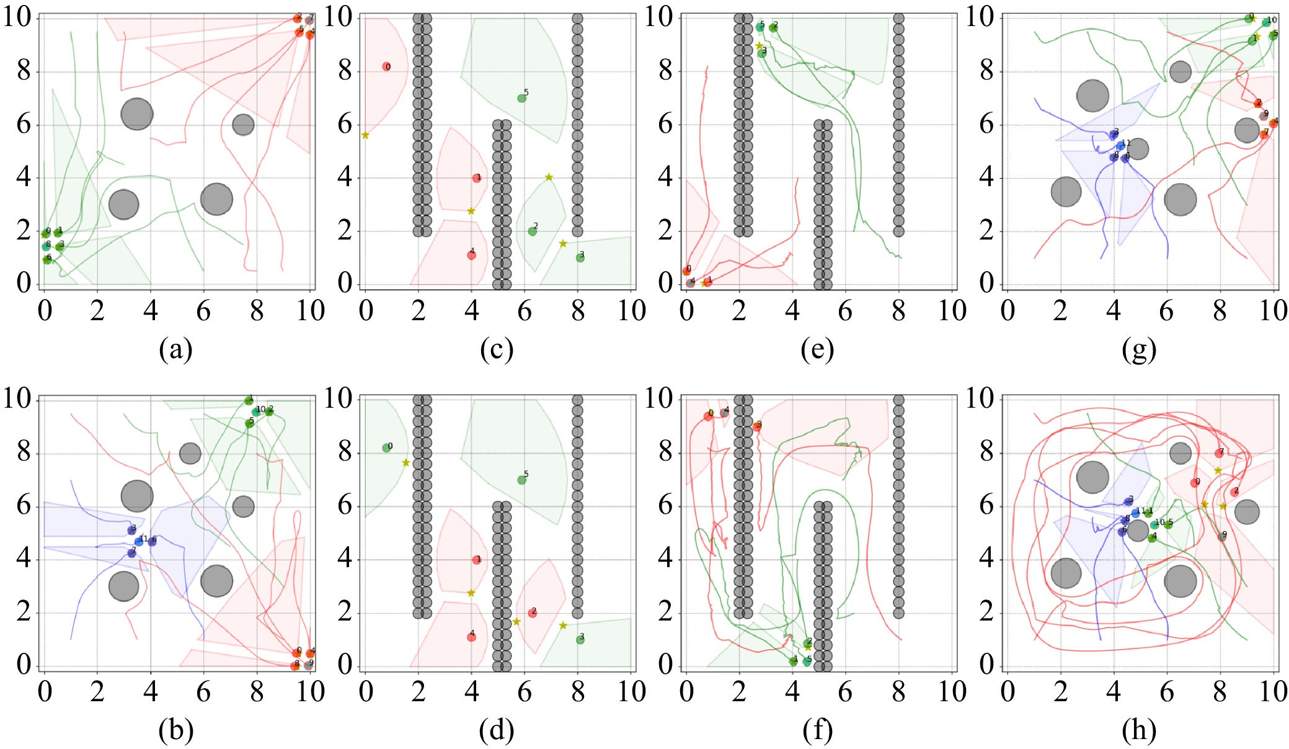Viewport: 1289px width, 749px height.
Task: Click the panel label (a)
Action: [x=175, y=350]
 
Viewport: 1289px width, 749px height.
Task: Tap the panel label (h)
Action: [x=1138, y=731]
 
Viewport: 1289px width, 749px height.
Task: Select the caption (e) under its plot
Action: [x=817, y=350]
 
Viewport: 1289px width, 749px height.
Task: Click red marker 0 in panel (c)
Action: [x=386, y=67]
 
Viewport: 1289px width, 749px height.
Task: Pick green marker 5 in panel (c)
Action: [x=521, y=98]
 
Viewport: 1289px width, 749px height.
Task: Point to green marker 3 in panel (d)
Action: [x=580, y=640]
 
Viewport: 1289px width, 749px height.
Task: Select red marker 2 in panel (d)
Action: [x=532, y=613]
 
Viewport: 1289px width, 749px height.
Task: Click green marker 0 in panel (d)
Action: [x=386, y=448]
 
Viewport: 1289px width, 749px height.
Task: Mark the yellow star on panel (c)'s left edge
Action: [x=365, y=135]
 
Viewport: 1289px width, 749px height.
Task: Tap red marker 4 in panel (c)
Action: [x=471, y=255]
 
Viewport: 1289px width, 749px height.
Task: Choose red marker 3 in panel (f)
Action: [x=756, y=427]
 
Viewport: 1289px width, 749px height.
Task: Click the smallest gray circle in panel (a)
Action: [x=242, y=125]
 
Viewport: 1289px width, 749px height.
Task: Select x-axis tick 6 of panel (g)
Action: [x=1166, y=310]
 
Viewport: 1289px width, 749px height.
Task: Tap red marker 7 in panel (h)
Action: [x=1219, y=454]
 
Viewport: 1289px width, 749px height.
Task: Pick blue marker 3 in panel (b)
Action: [x=131, y=531]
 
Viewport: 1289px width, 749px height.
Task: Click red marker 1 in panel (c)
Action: [x=476, y=178]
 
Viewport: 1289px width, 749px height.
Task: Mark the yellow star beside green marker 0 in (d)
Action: [x=406, y=462]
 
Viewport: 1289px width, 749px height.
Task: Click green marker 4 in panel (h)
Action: [x=1151, y=538]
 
